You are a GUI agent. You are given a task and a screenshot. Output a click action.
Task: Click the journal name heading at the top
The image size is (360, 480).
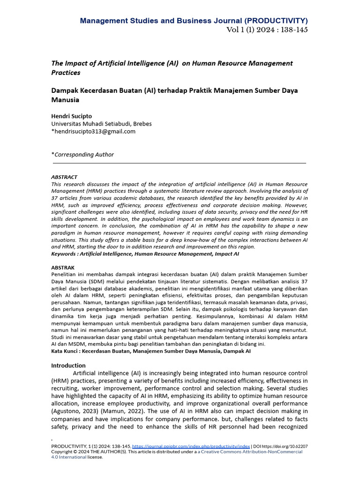click(194, 21)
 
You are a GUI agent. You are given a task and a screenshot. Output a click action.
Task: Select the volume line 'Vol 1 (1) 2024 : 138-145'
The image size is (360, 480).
click(267, 30)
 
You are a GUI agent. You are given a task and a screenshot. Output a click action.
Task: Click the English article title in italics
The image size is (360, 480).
click(172, 67)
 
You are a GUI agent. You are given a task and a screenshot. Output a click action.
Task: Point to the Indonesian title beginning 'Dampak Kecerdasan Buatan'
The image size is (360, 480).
click(174, 95)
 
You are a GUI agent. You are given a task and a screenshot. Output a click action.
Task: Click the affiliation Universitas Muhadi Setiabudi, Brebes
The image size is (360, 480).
click(101, 123)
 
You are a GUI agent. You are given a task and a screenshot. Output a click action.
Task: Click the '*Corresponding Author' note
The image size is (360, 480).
click(82, 154)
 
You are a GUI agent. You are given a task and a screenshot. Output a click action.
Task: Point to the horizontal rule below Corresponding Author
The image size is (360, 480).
click(180, 163)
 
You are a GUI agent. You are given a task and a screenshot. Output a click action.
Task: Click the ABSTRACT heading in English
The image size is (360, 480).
click(64, 177)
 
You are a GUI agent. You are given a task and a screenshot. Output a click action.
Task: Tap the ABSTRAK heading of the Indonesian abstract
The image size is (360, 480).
click(63, 267)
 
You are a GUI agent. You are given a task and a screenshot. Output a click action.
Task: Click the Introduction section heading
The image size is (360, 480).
click(68, 365)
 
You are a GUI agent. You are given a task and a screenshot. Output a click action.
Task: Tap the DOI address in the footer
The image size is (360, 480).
click(287, 447)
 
